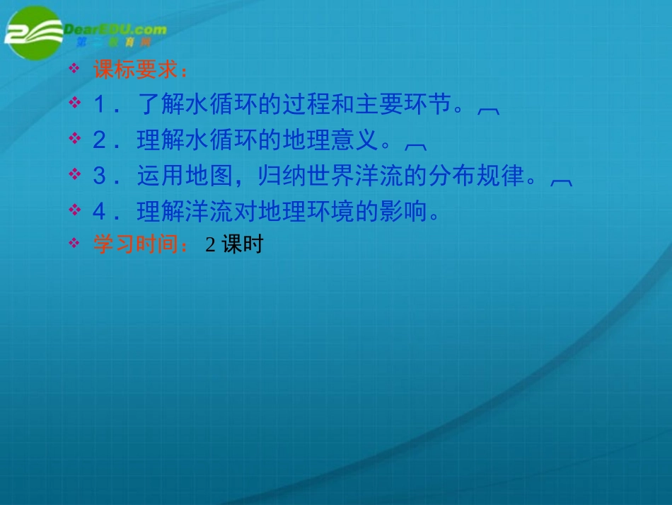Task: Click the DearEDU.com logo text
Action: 115,30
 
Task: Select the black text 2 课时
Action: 234,245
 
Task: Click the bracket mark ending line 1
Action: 489,110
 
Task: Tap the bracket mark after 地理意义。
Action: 415,144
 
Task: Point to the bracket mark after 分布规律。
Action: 561,181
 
